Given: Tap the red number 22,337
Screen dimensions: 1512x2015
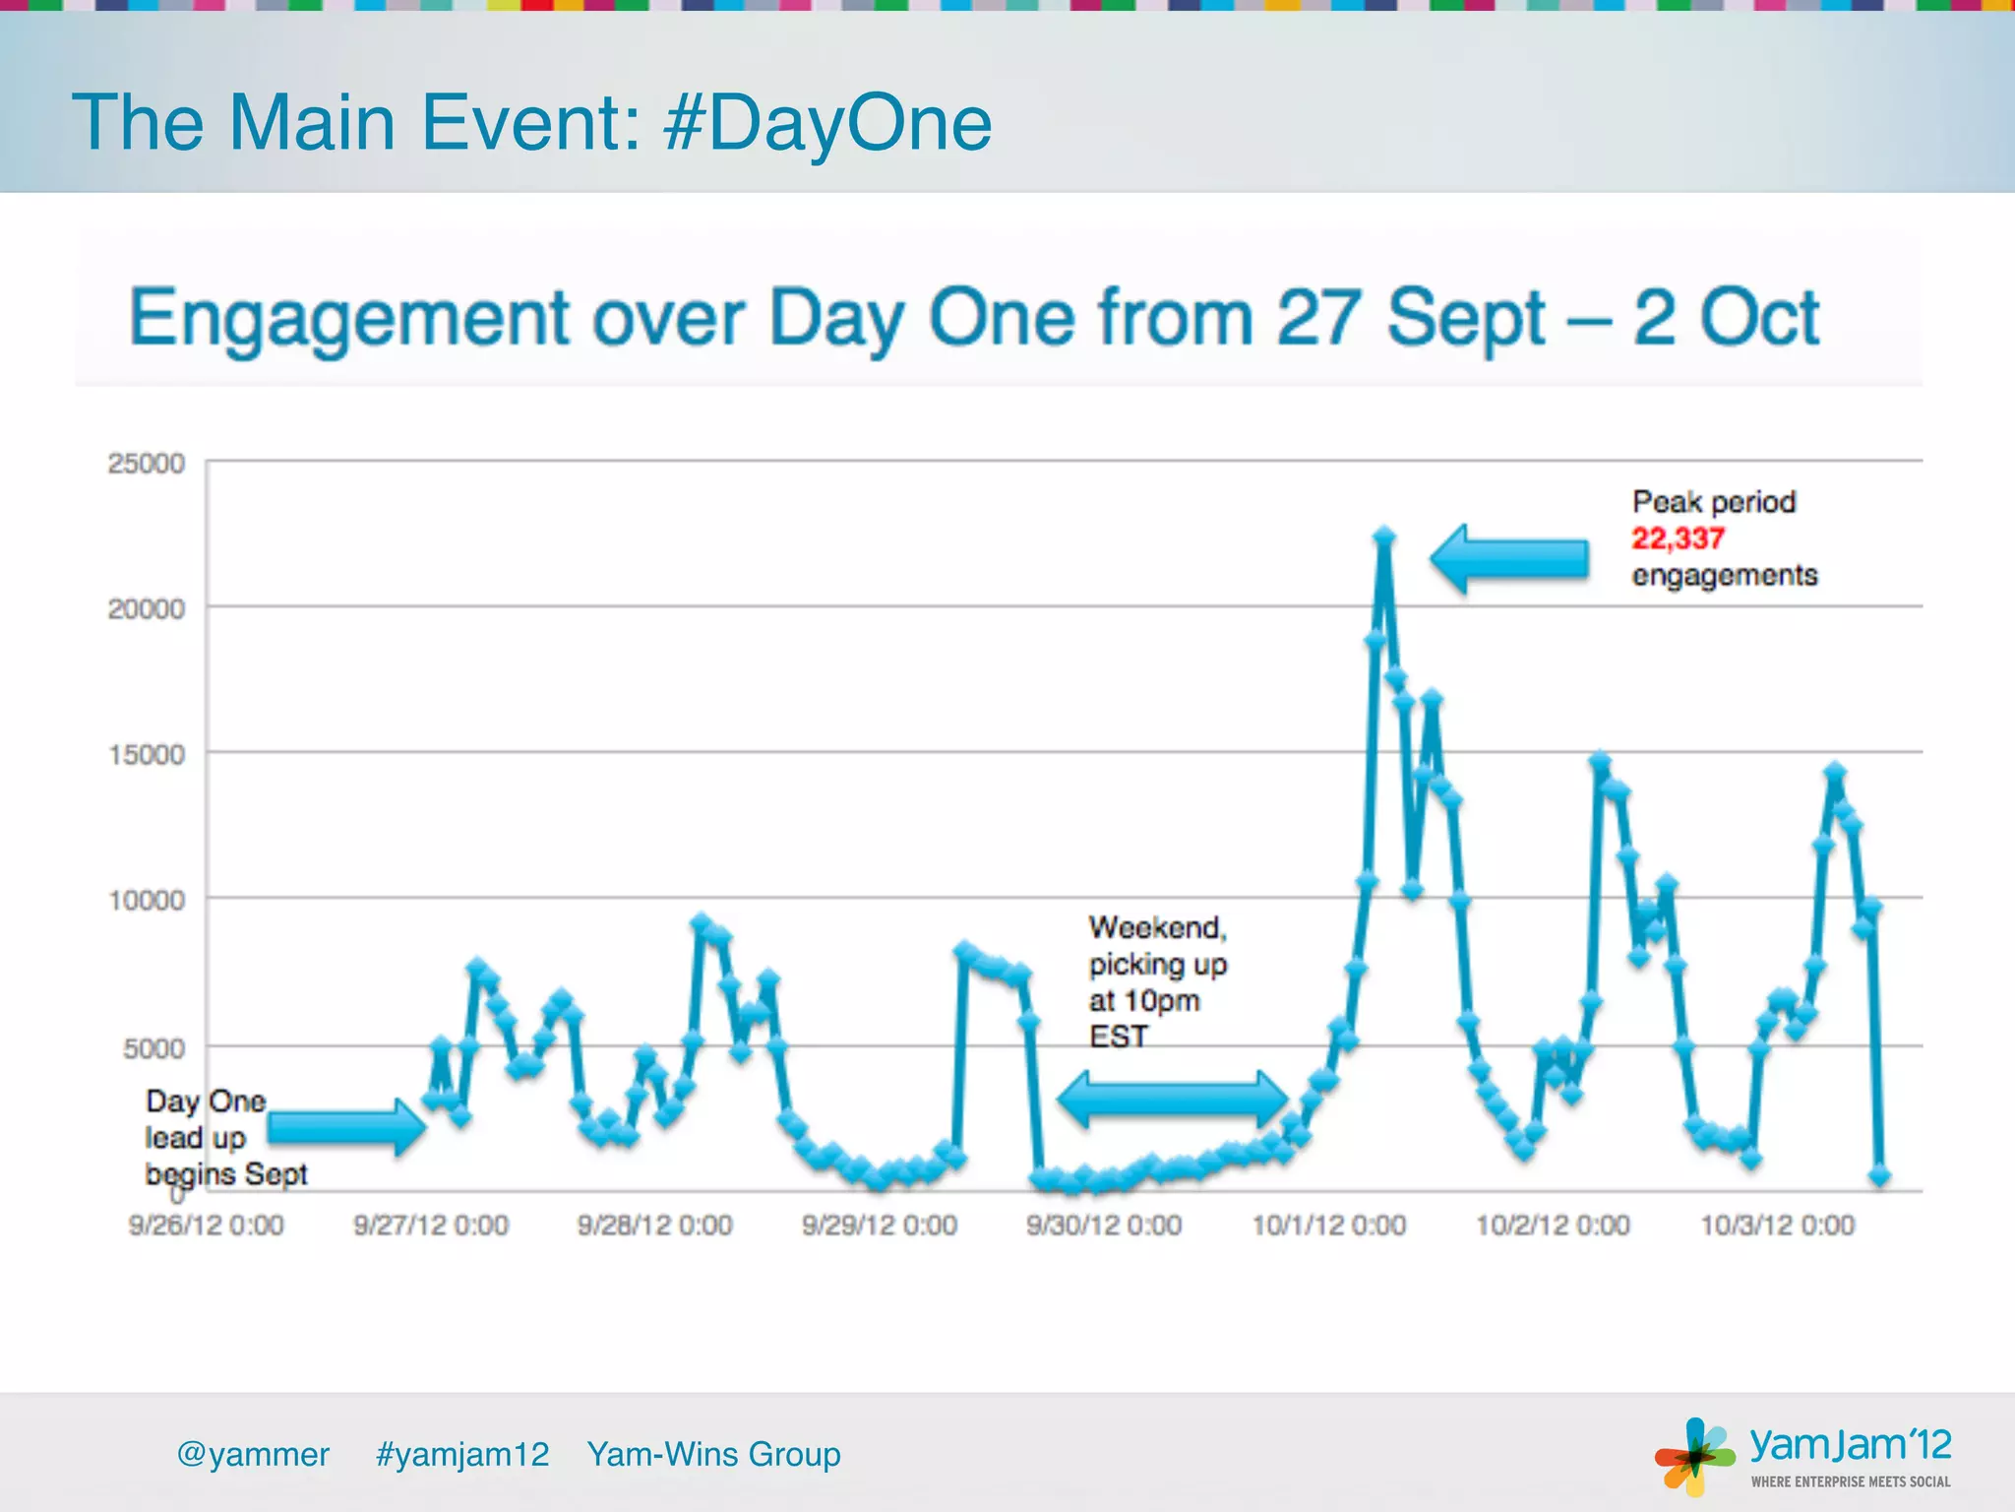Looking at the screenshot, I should click(x=1678, y=538).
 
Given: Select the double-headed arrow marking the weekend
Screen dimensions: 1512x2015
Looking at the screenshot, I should click(x=1172, y=1100).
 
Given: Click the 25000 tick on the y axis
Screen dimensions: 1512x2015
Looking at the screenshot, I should click(x=147, y=464).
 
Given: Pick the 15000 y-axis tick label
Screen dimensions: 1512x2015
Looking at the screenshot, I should click(x=147, y=755).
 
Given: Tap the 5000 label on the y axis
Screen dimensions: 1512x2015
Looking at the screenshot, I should click(x=153, y=1048).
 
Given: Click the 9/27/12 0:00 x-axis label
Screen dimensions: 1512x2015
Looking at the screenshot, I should click(x=431, y=1226).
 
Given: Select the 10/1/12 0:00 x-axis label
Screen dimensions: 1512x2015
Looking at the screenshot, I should click(x=1328, y=1226).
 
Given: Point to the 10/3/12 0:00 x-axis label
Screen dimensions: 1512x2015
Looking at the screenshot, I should click(x=1777, y=1226).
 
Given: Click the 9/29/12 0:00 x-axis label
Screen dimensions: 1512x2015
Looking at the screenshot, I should click(x=880, y=1226).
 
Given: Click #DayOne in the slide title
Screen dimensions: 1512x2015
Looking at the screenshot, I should click(x=827, y=123).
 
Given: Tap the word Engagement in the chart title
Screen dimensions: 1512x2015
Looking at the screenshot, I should click(x=349, y=318).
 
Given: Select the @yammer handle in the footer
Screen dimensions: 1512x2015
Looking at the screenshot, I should click(x=253, y=1454).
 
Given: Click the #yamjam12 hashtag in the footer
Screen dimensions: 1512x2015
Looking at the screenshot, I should click(x=462, y=1454).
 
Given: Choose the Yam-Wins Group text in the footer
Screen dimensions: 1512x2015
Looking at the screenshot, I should click(x=713, y=1454).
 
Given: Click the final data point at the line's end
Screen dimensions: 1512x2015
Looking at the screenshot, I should click(x=1879, y=1175).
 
